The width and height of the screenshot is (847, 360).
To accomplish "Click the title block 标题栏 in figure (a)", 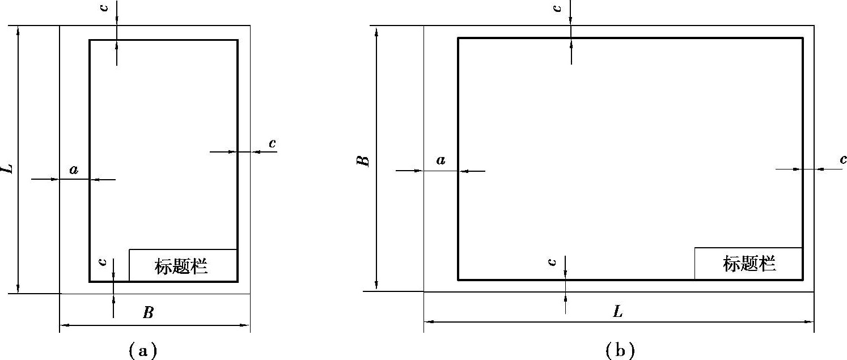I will tap(183, 265).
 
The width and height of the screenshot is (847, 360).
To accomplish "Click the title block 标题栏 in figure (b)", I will tap(748, 264).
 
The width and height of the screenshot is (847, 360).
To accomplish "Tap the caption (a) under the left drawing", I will tap(142, 350).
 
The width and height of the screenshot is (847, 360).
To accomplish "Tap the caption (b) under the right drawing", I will tap(619, 350).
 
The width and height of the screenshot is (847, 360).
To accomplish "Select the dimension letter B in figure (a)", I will tap(148, 312).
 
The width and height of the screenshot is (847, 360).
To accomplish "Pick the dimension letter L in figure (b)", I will tap(618, 311).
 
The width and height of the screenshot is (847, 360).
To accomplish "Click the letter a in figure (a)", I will tap(74, 169).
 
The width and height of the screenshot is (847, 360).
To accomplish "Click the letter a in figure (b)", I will tap(441, 160).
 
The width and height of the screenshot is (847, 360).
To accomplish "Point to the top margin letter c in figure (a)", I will tap(104, 10).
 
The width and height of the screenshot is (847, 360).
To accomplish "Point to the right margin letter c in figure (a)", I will tap(272, 143).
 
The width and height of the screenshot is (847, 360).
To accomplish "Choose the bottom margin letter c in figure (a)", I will tap(103, 262).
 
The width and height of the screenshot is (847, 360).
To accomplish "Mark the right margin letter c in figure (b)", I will tap(843, 160).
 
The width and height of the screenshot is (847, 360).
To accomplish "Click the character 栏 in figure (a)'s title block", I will tap(200, 265).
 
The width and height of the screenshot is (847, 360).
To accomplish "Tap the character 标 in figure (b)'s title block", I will tap(731, 264).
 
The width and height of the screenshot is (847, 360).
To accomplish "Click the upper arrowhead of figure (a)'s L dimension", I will tap(18, 31).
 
